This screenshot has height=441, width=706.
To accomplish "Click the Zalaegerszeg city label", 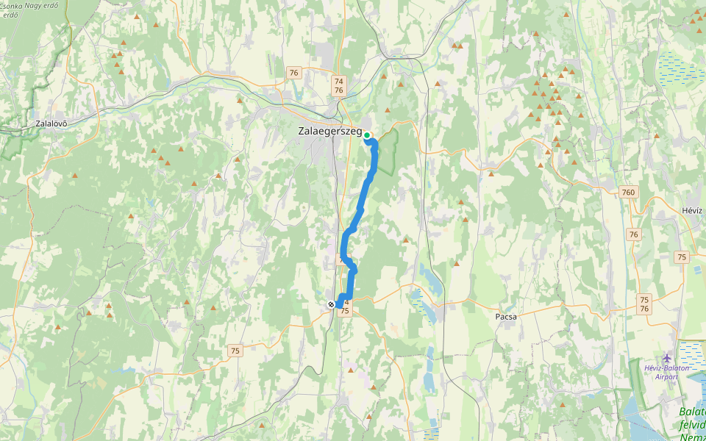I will click(330, 132).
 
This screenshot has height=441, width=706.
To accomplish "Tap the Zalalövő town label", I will click(51, 123).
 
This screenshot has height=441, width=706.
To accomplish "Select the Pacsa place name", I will click(506, 317).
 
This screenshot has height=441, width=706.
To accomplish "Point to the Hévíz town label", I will click(692, 210).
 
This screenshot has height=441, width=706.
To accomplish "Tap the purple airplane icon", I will click(667, 359).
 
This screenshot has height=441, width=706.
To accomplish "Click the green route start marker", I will click(367, 135).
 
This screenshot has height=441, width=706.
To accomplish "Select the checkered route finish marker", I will click(331, 304).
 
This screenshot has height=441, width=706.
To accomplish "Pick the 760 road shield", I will click(628, 193).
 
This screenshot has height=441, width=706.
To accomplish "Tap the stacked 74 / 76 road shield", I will click(338, 85).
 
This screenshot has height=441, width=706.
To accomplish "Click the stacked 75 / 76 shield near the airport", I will click(644, 304).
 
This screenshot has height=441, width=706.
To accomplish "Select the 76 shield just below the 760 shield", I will click(633, 234).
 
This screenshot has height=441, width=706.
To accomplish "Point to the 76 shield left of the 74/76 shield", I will click(294, 72).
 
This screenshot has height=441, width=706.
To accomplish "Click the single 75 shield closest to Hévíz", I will click(682, 257).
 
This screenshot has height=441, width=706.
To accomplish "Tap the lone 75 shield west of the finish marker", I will click(234, 351).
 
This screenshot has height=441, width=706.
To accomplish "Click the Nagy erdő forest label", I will click(43, 5).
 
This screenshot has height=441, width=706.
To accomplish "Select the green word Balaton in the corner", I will click(692, 412).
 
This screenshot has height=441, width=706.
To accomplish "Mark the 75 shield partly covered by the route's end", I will click(345, 310).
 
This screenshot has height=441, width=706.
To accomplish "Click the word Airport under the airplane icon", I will click(666, 377).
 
